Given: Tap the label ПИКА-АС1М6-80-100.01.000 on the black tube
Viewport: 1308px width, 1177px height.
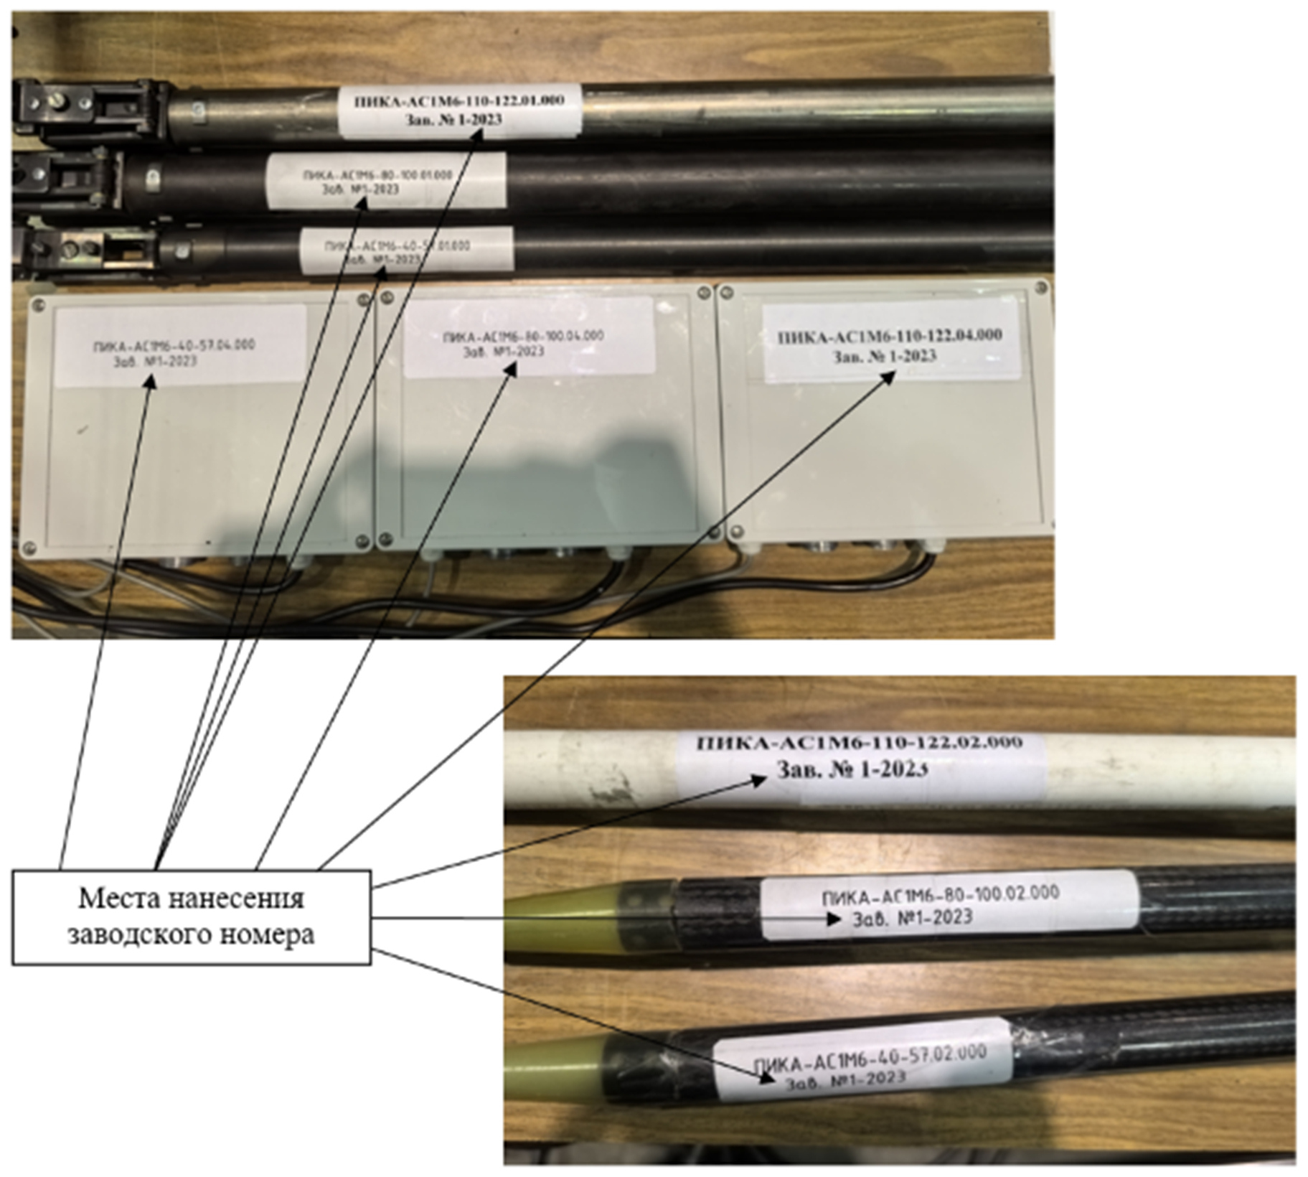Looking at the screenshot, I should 386,182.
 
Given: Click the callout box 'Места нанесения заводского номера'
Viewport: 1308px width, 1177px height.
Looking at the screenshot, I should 192,917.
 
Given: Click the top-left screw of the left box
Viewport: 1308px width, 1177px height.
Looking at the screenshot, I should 38,304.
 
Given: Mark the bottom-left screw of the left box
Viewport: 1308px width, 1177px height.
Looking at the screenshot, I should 29,548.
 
